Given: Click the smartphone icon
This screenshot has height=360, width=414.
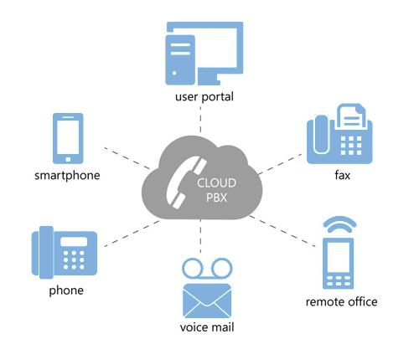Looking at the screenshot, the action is (x=68, y=138).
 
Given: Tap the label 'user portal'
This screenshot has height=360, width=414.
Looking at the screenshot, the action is (x=204, y=97).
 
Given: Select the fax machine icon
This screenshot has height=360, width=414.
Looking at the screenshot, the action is (x=339, y=134).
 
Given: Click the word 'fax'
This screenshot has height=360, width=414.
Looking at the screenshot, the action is (x=343, y=175).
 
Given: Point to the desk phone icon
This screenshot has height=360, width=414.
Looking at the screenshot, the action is (x=65, y=253).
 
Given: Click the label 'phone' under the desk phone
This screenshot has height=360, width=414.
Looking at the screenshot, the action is (x=66, y=291).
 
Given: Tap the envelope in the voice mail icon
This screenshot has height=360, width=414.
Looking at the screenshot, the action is (x=207, y=301).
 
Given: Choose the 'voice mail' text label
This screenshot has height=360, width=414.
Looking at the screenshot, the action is (x=207, y=327).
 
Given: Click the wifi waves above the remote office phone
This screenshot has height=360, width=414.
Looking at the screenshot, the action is (x=339, y=224).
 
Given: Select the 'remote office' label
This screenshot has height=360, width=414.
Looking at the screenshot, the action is (x=342, y=302).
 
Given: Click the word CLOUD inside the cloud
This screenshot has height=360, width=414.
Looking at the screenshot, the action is (x=217, y=183).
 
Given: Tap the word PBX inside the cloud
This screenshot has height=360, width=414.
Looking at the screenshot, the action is (x=217, y=198).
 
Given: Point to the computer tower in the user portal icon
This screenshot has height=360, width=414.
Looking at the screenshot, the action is (x=180, y=59).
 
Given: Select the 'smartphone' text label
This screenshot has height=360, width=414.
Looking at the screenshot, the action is (x=67, y=176).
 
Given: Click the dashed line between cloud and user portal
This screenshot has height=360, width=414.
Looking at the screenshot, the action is (x=200, y=120).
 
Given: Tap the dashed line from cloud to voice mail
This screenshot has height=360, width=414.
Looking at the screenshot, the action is (x=200, y=237).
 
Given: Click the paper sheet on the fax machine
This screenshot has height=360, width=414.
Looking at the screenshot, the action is (x=351, y=116).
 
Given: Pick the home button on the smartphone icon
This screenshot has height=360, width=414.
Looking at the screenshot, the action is (x=68, y=159).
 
